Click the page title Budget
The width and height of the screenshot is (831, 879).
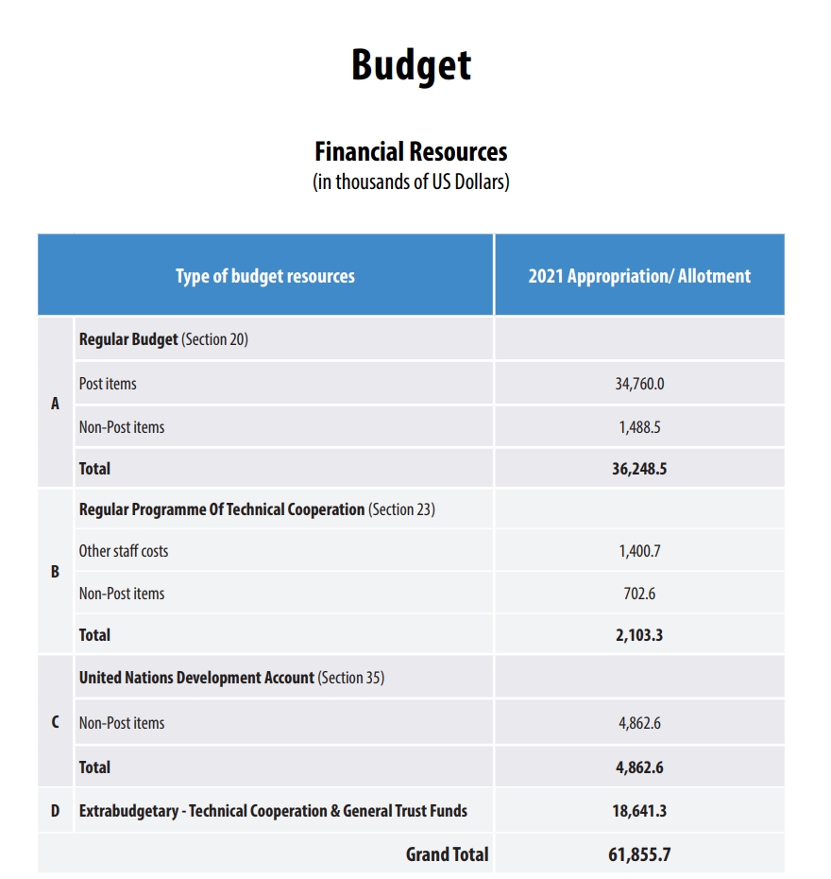[411, 64]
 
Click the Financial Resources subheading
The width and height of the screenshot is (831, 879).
[411, 151]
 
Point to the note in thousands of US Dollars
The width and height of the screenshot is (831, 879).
[411, 182]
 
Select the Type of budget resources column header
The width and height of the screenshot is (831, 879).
[265, 276]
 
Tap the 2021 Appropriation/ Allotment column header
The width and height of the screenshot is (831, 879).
[639, 276]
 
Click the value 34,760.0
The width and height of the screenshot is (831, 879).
[639, 384]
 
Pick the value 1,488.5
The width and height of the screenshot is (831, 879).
[639, 427]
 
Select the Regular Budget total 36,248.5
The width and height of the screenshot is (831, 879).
[639, 469]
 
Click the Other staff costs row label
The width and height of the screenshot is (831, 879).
[124, 551]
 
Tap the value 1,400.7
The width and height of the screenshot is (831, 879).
[639, 551]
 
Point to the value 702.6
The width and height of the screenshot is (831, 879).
[639, 594]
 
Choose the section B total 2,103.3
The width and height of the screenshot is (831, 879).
[639, 635]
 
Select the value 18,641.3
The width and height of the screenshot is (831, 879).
[639, 811]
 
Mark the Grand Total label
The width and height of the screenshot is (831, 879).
[447, 854]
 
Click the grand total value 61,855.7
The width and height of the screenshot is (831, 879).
[639, 855]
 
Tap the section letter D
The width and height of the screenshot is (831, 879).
[55, 811]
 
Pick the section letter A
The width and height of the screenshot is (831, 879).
[55, 404]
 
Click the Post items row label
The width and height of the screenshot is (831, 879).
[108, 384]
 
